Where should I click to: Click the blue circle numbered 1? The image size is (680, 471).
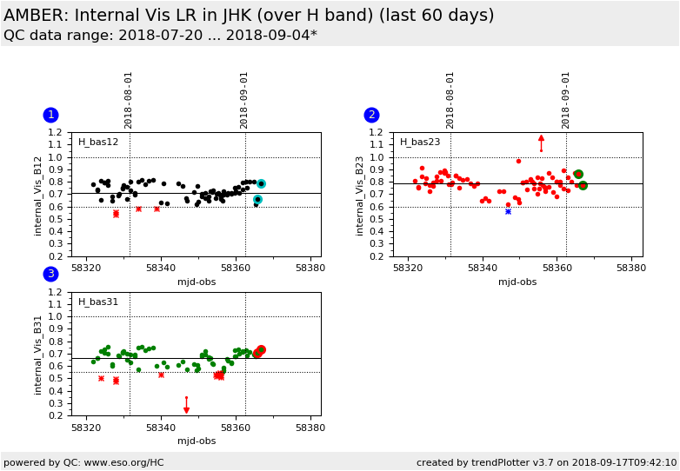[50, 115]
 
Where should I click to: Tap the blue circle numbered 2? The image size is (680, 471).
[371, 115]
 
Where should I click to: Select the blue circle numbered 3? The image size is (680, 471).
[50, 274]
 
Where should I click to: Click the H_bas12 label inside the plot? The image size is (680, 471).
[98, 143]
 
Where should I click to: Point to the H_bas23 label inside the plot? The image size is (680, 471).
[420, 143]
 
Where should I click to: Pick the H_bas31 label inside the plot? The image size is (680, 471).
[98, 302]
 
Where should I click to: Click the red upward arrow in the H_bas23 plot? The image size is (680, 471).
[541, 143]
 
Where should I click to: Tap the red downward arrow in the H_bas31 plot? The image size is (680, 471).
[186, 405]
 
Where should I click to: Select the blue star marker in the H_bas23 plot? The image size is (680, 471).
[509, 211]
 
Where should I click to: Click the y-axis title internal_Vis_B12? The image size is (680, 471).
[38, 196]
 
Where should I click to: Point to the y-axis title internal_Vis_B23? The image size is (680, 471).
[359, 196]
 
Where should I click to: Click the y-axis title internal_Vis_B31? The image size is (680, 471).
[38, 355]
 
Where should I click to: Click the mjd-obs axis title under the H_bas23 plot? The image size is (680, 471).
[517, 282]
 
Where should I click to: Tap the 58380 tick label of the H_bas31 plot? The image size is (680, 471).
[310, 428]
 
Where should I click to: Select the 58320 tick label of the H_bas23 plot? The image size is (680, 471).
[408, 268]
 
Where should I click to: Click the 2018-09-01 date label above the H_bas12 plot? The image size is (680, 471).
[243, 101]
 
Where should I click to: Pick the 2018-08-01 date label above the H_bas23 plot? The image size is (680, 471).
[450, 101]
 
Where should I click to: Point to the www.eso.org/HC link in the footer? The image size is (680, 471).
[124, 463]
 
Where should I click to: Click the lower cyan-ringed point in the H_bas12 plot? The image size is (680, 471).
[257, 199]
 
